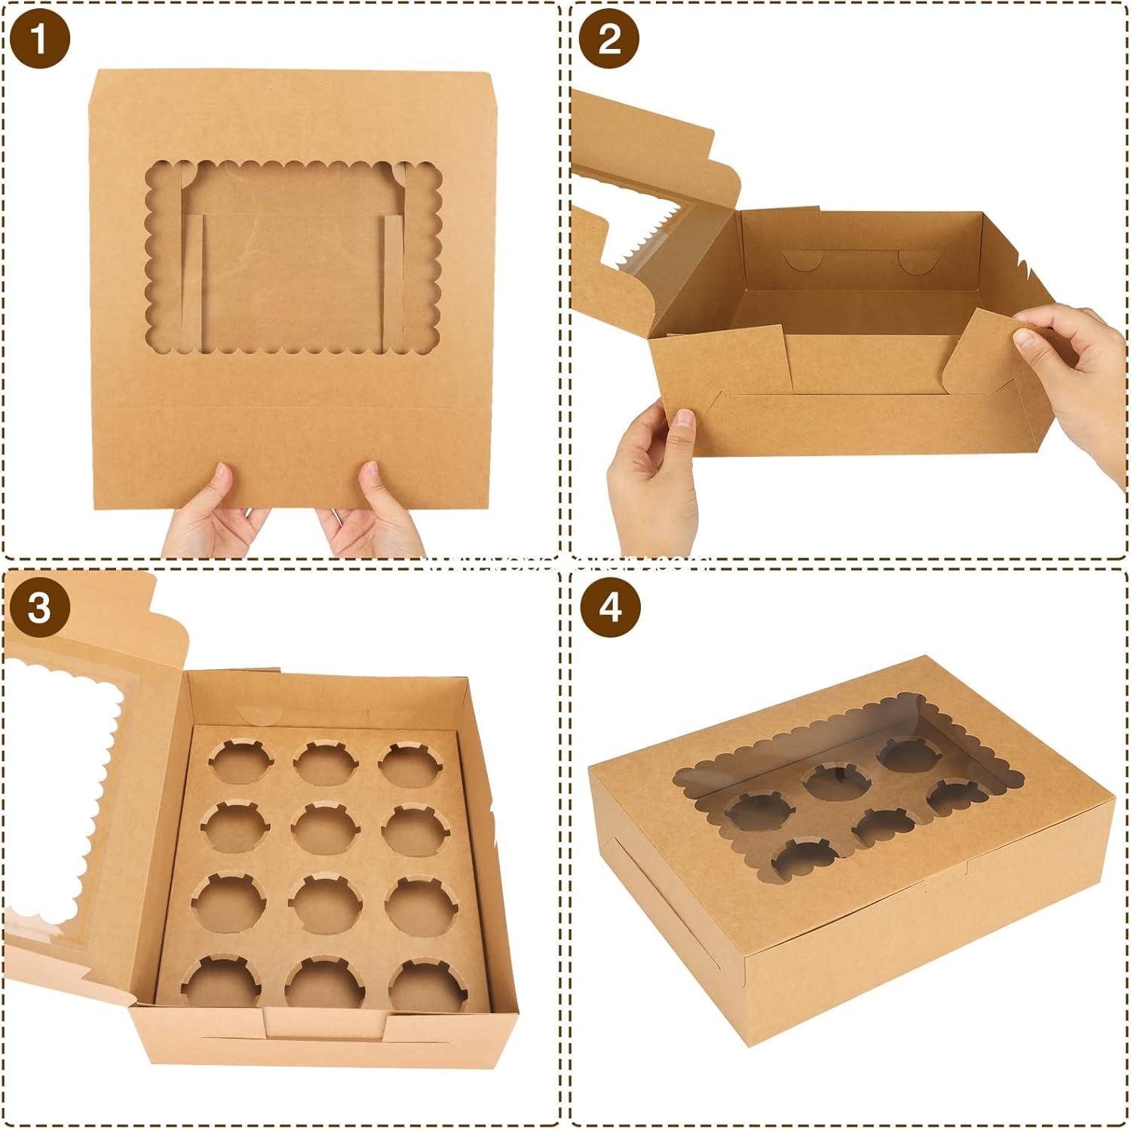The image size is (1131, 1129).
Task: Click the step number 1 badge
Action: pyautogui.click(x=39, y=40)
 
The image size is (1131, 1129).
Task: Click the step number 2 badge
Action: pyautogui.click(x=609, y=40)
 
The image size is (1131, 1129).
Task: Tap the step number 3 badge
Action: pyautogui.click(x=39, y=607)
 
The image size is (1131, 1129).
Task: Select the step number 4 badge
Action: pyautogui.click(x=609, y=607)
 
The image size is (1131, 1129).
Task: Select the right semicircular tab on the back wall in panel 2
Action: pyautogui.click(x=915, y=263)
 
